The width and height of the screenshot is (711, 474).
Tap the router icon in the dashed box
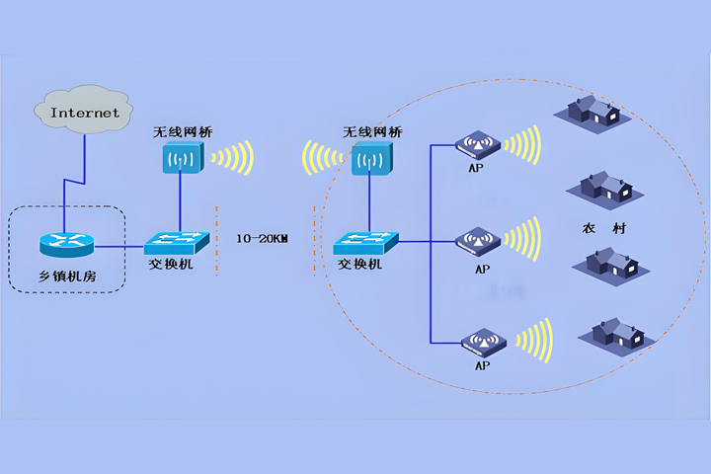[63, 243]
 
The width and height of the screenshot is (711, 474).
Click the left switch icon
[174, 242]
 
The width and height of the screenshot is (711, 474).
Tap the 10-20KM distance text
[262, 238]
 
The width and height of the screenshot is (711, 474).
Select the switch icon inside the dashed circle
[365, 242]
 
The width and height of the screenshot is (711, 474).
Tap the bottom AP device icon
[481, 342]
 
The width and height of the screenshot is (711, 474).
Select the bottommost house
[618, 332]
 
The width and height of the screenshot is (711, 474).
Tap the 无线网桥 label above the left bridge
[182, 131]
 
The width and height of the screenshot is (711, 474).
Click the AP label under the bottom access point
[482, 364]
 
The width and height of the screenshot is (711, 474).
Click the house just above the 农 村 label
[602, 185]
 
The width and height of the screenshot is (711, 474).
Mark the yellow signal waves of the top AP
[522, 145]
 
